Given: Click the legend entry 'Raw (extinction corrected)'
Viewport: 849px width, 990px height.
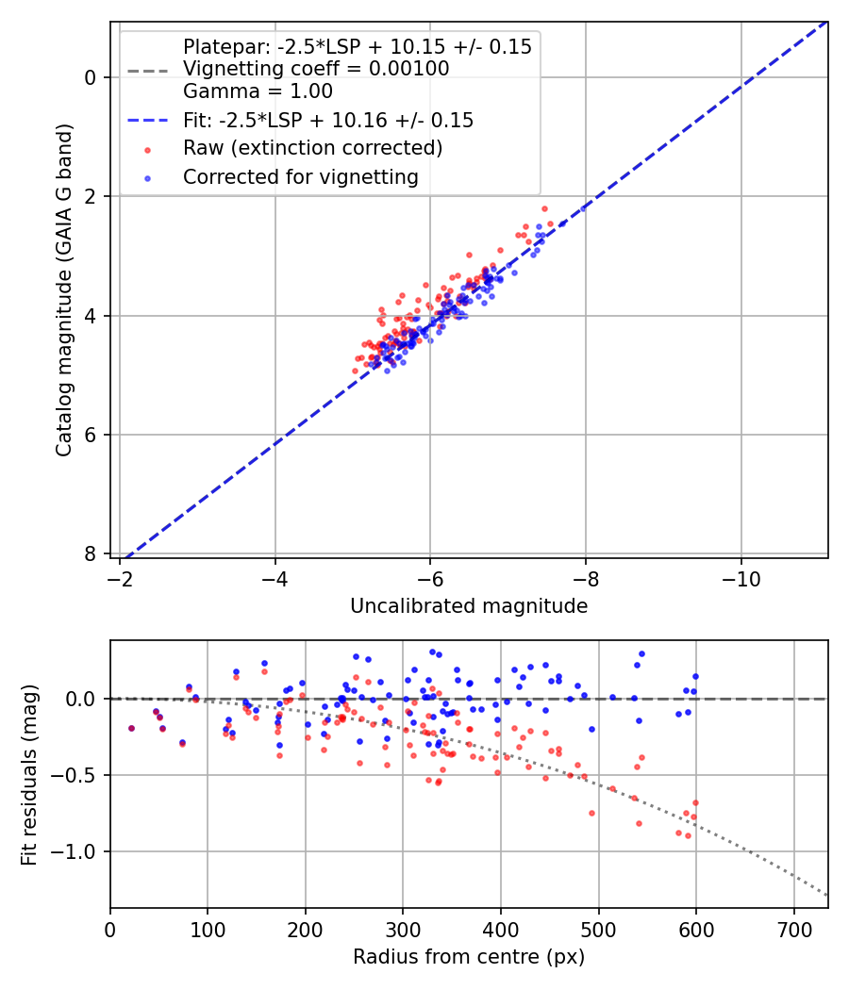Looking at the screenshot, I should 312,148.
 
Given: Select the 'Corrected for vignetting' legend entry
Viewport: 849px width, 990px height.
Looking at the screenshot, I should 301,176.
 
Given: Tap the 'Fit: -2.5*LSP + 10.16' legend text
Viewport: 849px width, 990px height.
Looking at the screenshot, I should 328,121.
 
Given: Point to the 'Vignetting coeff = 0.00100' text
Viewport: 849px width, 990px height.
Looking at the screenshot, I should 316,69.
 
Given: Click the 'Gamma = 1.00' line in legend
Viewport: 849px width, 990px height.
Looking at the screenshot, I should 258,91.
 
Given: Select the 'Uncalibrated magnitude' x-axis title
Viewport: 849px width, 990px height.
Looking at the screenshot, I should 469,606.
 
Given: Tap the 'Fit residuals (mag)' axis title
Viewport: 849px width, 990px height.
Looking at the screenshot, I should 29,774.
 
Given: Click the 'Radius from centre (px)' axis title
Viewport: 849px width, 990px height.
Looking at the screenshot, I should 469,957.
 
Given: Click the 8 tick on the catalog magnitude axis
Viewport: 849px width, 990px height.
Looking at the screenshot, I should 92,553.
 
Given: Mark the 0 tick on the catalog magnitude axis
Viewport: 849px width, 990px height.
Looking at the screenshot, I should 92,76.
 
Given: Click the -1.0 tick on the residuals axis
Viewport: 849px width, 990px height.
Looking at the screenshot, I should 79,851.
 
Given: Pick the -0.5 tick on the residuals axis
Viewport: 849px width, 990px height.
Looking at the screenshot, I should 79,775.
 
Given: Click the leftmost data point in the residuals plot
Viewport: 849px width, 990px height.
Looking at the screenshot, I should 131,728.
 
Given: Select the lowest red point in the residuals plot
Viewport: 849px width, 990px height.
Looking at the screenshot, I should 688,836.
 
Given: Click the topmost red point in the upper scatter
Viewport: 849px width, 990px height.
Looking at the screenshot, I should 544,208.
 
